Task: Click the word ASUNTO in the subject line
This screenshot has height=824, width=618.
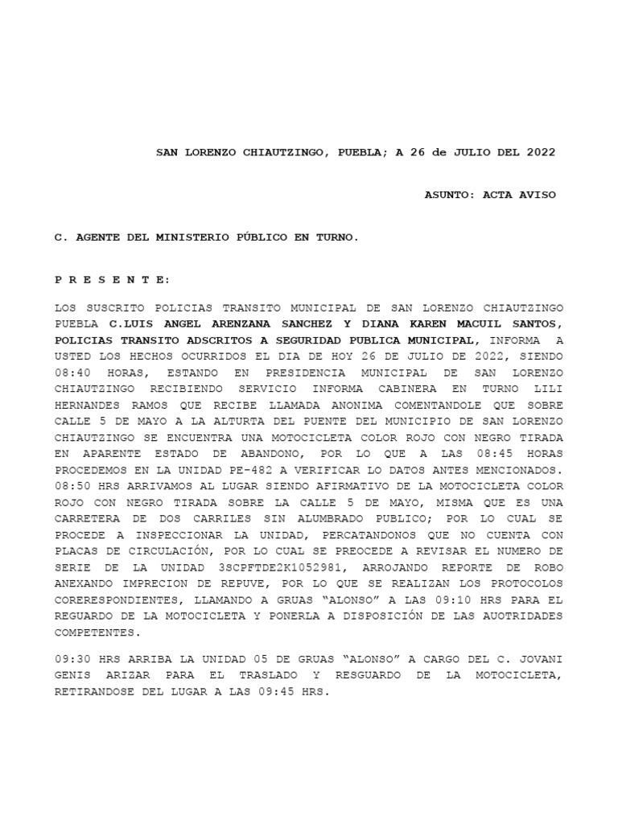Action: coord(447,195)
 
